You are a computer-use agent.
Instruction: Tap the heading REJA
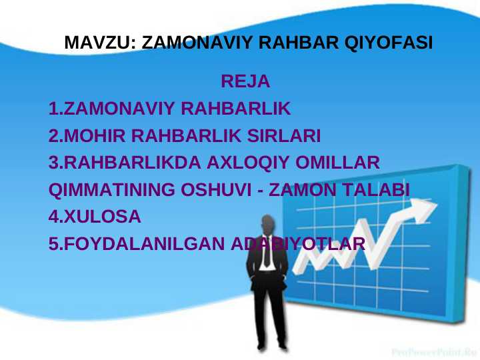pyautogui.click(x=245, y=82)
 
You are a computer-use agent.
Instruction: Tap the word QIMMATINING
pyautogui.click(x=112, y=190)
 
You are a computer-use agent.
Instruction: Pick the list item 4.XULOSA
pyautogui.click(x=95, y=217)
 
